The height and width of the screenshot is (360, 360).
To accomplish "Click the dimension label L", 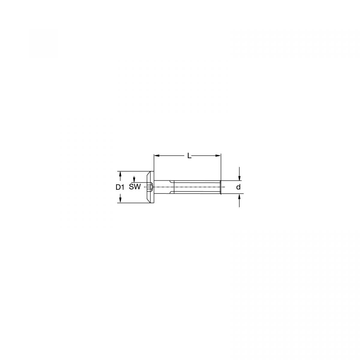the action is point(189,155).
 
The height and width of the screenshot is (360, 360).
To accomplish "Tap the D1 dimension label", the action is point(120,187).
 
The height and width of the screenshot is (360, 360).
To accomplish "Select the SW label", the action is point(135,187).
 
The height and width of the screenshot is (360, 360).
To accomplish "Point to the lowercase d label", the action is point(238,187).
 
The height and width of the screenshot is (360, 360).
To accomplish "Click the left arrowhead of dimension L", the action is point(156,155).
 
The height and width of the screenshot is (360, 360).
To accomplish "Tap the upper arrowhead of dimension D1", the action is point(120,174).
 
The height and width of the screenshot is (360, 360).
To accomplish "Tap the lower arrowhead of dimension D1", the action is point(120,200).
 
